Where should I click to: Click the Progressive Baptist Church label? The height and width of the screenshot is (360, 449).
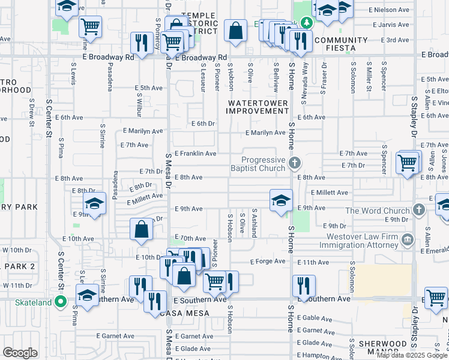263,164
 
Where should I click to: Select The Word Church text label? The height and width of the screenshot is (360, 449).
377,211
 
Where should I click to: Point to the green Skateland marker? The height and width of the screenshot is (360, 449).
60,302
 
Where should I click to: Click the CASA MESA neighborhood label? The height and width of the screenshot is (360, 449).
184,313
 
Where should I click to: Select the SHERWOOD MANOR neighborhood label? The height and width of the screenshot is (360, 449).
382,347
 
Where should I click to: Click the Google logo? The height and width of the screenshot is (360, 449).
20,353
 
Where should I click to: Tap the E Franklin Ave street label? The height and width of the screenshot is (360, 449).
195,154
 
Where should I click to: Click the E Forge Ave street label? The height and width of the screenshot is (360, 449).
267,261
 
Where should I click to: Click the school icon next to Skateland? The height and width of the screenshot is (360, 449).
87,295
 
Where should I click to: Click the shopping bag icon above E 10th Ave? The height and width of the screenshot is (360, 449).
141,229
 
